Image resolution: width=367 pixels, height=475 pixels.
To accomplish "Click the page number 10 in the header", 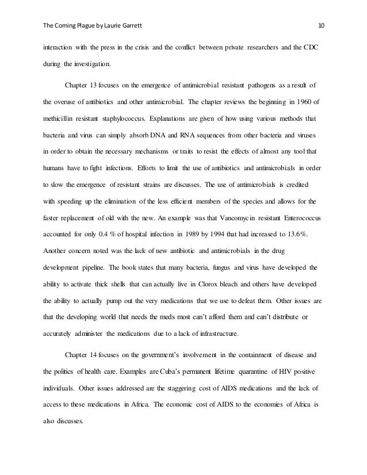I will [322, 25].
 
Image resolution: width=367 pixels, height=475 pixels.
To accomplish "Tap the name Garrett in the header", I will [125, 25].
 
